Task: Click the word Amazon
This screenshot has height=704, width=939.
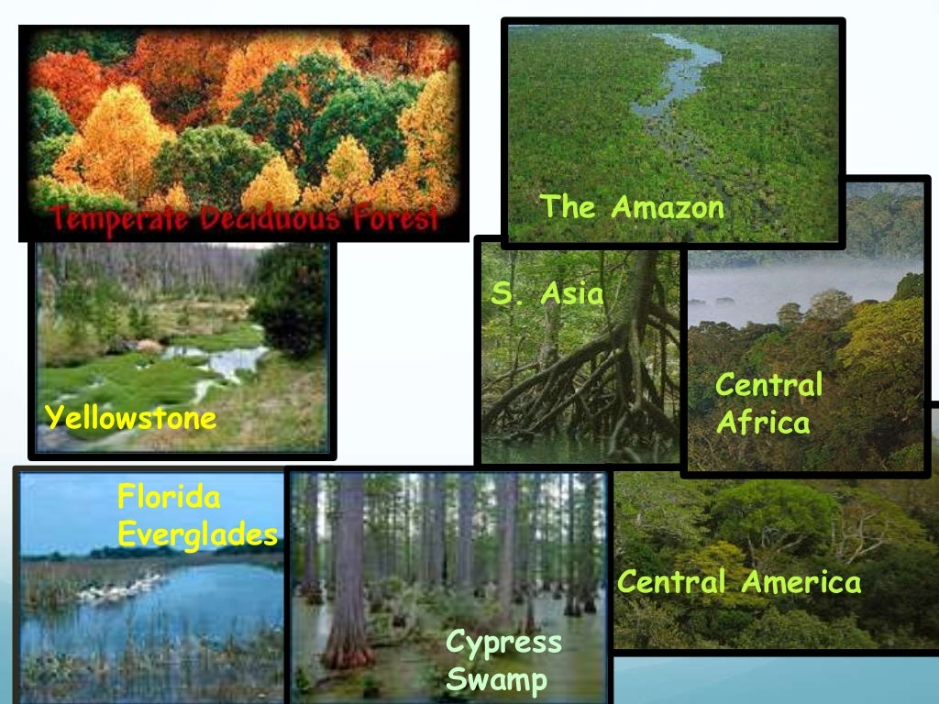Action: tap(668, 208)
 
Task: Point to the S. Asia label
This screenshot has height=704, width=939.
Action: tap(547, 294)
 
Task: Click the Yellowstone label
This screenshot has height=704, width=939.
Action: tap(131, 419)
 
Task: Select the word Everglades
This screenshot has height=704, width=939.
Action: tap(198, 534)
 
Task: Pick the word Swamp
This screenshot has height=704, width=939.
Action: tap(496, 681)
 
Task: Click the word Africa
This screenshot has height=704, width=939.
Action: tap(763, 423)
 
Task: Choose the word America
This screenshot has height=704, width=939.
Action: tap(801, 582)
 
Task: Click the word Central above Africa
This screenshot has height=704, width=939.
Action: tap(768, 385)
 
